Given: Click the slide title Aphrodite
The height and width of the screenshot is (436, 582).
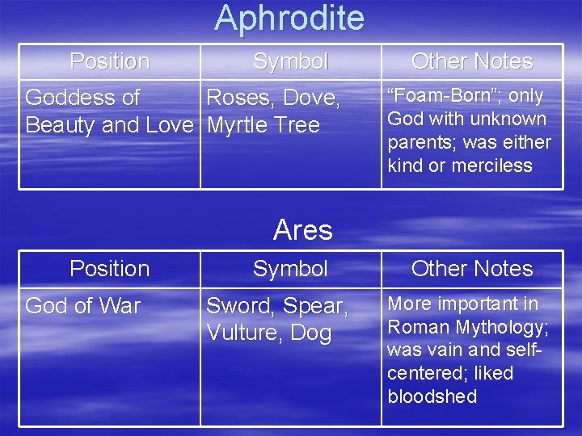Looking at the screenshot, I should coord(289,18).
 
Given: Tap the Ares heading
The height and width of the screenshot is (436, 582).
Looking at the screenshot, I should coord(302,230).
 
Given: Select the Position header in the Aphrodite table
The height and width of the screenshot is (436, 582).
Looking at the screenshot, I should coord(110,61).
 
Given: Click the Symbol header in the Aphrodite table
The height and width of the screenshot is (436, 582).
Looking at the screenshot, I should coord(290,61).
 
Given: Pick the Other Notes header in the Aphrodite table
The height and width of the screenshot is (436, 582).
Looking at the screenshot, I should coord(472,61).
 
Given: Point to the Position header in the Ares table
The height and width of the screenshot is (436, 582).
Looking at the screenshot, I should coord(110,269).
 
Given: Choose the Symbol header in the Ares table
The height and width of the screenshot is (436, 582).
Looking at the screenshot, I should coord(290,269).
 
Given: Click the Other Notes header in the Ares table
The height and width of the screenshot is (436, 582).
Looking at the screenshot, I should coord(472,269).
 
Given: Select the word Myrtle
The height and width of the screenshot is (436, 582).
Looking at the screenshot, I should coord(238,126).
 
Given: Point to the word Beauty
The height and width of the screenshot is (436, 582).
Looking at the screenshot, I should coord(61,126).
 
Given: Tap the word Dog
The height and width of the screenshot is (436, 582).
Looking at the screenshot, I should coord(310,333).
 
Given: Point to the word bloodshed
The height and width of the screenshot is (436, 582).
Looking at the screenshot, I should coord(432,397).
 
